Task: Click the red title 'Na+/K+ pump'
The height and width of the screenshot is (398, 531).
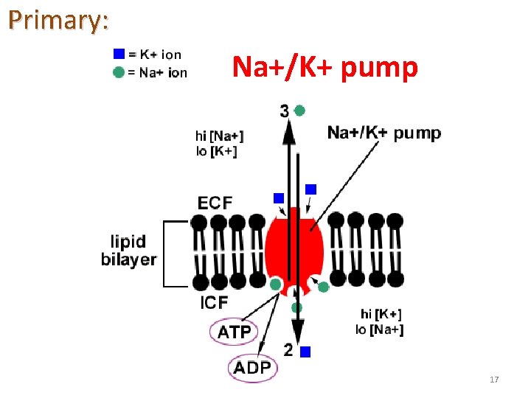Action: tap(325, 67)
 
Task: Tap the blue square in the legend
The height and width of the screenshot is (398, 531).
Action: tap(119, 54)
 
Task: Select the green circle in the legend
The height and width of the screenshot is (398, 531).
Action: tap(119, 72)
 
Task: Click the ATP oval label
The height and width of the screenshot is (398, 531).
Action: tap(235, 332)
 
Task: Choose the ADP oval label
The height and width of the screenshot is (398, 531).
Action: tap(253, 368)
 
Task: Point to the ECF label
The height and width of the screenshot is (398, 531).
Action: tap(215, 203)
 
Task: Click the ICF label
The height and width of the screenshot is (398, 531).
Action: tap(215, 303)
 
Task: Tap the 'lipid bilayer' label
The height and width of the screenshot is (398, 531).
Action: tap(129, 251)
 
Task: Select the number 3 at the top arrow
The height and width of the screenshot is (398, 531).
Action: tap(285, 112)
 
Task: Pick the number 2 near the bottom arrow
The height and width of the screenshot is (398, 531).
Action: tap(288, 350)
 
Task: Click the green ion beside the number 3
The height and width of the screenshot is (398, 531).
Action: tap(299, 111)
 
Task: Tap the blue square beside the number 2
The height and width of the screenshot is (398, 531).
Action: tap(305, 352)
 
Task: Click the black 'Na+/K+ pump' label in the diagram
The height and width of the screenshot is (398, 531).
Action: tap(384, 133)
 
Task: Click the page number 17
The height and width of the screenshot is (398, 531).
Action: tap(494, 380)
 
